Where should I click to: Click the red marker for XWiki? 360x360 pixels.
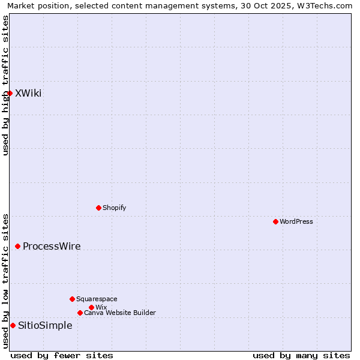tap(10, 93)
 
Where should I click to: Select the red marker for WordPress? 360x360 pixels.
tap(275, 221)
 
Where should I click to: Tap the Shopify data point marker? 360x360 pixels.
tap(98, 208)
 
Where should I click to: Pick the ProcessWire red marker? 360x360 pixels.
tap(17, 246)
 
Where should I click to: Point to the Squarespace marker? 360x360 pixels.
tap(72, 299)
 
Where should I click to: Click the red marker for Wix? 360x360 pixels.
tap(91, 307)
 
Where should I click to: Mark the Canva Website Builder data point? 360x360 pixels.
tap(80, 313)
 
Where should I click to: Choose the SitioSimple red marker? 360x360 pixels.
tap(13, 325)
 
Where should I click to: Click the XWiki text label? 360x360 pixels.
tap(28, 93)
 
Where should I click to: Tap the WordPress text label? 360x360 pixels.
tap(296, 221)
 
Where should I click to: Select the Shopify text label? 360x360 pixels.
tap(114, 208)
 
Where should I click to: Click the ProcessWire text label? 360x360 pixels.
tap(52, 246)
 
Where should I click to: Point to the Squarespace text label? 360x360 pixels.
tap(97, 299)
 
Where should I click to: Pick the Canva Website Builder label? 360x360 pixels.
tap(120, 313)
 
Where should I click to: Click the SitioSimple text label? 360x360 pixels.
tap(45, 325)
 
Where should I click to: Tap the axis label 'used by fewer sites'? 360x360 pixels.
tap(62, 355)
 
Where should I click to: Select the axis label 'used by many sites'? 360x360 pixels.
tap(301, 355)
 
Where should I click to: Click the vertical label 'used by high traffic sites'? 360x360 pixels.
tap(5, 85)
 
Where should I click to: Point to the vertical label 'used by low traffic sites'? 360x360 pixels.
tap(5, 280)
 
